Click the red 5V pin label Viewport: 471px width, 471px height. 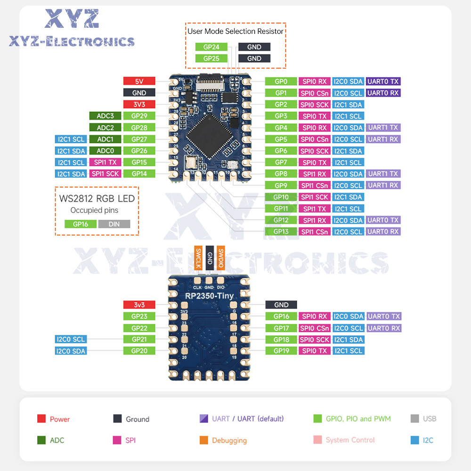click(x=139, y=81)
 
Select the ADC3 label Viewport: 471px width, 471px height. click(x=105, y=116)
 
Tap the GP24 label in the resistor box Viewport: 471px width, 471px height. click(x=211, y=47)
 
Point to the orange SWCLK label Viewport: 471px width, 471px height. click(x=198, y=258)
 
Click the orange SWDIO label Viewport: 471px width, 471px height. click(x=220, y=258)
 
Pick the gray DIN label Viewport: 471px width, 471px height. click(x=114, y=224)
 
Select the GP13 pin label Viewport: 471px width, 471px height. click(x=281, y=232)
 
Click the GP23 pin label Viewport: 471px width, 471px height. click(x=139, y=317)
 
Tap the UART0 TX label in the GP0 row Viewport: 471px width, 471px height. click(x=383, y=81)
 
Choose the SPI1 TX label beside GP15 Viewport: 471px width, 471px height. click(x=105, y=162)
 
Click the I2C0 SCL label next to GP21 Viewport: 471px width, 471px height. click(x=71, y=340)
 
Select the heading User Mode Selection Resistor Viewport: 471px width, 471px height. click(x=235, y=32)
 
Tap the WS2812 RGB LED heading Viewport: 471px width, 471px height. click(x=97, y=198)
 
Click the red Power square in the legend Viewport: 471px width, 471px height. click(x=41, y=419)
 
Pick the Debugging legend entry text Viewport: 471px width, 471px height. click(x=229, y=440)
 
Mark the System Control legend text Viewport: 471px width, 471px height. click(x=350, y=440)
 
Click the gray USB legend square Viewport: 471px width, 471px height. click(x=414, y=419)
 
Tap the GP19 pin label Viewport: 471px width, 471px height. click(x=281, y=351)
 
